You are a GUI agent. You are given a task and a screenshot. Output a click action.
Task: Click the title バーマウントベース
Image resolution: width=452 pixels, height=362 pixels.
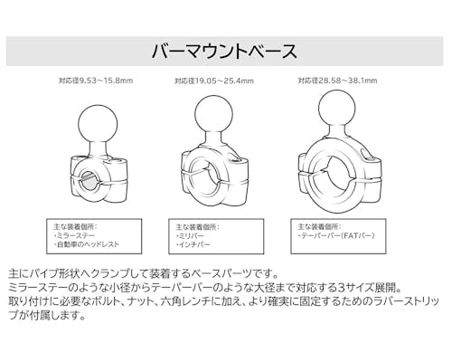(x=224, y=52)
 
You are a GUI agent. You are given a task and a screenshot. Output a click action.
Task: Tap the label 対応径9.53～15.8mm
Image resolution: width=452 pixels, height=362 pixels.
(x=96, y=81)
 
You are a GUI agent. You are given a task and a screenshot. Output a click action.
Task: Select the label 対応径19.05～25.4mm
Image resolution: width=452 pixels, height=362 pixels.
(x=214, y=81)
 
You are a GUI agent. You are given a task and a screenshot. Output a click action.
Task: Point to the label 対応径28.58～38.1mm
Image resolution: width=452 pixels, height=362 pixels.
(x=337, y=81)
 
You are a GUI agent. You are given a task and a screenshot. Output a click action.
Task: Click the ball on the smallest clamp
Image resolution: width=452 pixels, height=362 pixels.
(x=98, y=123)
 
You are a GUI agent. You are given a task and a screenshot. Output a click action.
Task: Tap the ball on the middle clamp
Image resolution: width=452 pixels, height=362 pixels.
(x=214, y=115)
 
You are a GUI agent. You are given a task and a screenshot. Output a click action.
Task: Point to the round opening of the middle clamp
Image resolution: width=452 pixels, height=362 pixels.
(x=206, y=179)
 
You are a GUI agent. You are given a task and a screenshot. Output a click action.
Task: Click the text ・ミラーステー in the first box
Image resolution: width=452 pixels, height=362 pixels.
(x=74, y=235)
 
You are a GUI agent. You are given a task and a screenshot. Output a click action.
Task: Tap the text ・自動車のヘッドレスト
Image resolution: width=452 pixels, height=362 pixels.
(x=87, y=244)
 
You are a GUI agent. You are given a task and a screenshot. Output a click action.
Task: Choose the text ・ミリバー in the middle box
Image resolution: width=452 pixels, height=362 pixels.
(x=190, y=235)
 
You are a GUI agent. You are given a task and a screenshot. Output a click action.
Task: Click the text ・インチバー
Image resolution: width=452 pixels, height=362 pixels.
(x=193, y=244)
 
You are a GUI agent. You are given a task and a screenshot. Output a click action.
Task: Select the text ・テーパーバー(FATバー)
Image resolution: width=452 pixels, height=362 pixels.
(x=336, y=235)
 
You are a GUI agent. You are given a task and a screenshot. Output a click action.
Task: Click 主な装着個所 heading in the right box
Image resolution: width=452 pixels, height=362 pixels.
(x=318, y=226)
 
